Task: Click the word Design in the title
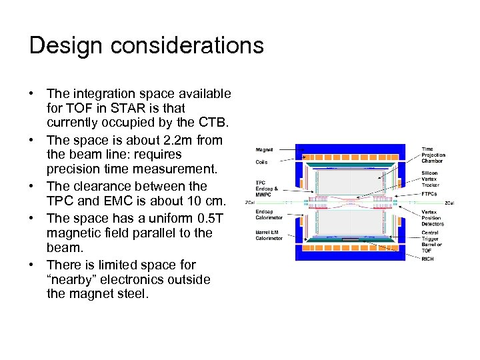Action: click(x=65, y=45)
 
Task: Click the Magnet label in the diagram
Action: click(x=264, y=151)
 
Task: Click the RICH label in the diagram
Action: click(x=427, y=259)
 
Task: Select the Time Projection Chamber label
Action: click(x=433, y=155)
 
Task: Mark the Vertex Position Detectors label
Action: click(x=432, y=217)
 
